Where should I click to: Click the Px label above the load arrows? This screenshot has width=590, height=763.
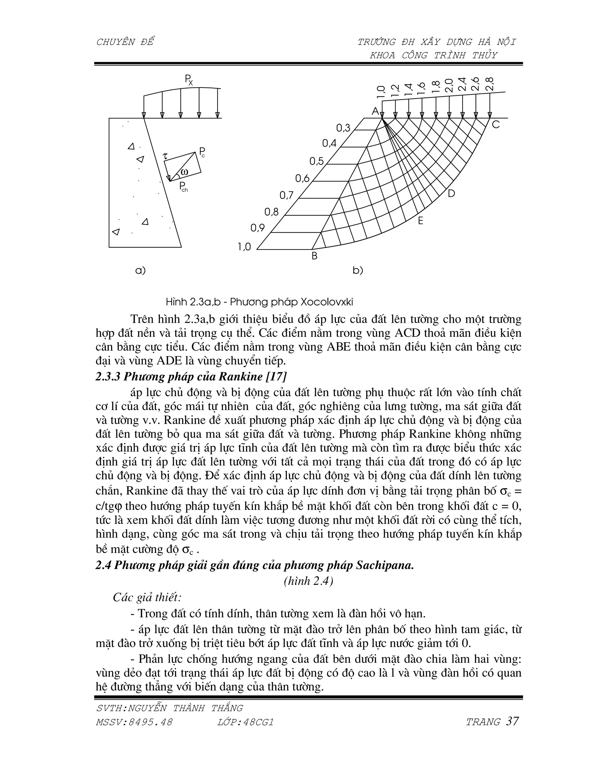[x=189, y=81]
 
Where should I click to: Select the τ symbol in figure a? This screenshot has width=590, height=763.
[x=166, y=156]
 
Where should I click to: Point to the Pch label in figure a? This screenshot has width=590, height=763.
[x=184, y=187]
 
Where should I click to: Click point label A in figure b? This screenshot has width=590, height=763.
[x=375, y=111]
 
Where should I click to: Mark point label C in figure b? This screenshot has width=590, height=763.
[x=496, y=124]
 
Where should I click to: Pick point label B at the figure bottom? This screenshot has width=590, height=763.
[x=315, y=256]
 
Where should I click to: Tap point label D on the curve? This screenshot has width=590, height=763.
[x=451, y=193]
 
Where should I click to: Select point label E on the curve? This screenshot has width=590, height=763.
[x=421, y=221]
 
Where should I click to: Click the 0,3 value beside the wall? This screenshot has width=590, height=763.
[x=343, y=128]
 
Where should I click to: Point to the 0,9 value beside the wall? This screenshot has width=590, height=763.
[x=258, y=228]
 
